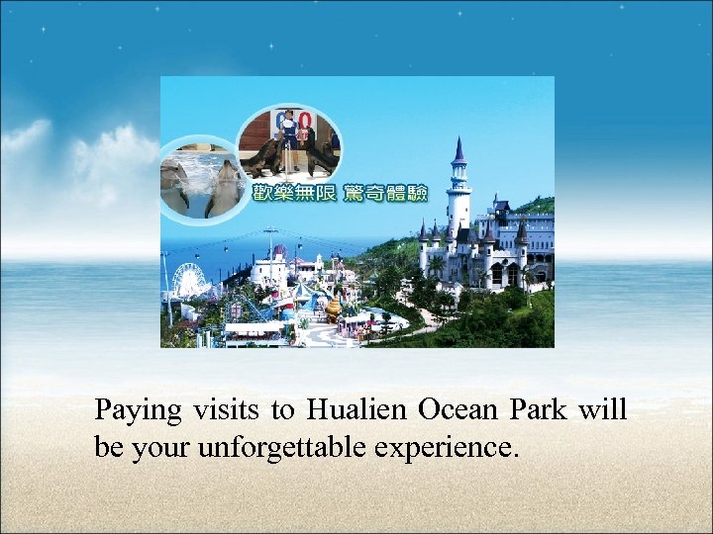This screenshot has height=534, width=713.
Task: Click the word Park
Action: [539, 409]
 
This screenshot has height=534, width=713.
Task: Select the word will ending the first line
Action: [603, 409]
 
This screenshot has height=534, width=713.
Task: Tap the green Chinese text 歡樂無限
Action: [295, 193]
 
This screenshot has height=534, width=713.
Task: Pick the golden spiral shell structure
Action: [334, 307]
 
